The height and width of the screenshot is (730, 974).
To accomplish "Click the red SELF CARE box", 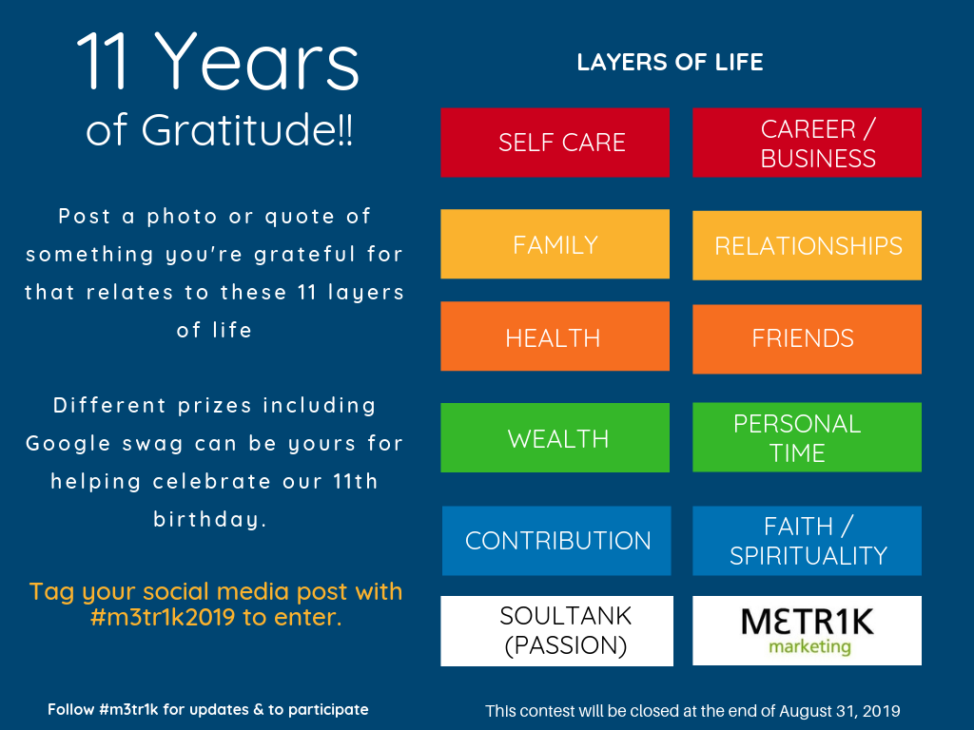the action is tap(555, 143).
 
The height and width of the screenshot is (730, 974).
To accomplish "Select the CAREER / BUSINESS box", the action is tap(807, 143).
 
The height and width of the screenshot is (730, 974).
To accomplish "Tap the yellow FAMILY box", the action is tap(555, 244).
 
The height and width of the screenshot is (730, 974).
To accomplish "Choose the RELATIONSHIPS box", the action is tap(807, 245).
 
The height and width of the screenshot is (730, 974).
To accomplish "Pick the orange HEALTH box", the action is tap(555, 336).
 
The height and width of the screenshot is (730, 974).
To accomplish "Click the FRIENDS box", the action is tap(807, 339).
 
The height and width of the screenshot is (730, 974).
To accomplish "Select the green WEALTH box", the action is tap(555, 437).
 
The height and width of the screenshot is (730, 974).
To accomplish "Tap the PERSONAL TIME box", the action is tap(807, 437).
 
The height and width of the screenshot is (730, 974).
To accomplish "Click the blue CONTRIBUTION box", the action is tap(556, 541).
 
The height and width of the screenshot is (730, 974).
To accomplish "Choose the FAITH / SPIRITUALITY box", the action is tap(807, 541).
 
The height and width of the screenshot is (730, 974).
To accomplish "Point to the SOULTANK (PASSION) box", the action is tap(556, 631).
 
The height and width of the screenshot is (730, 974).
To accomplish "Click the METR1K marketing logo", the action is tap(807, 631).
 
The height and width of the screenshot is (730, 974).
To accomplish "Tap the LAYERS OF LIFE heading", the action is tap(670, 62).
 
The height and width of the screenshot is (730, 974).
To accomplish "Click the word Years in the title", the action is tap(256, 61).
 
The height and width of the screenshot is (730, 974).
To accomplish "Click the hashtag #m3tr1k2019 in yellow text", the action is tap(163, 617).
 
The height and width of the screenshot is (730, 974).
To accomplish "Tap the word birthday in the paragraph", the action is tap(210, 519).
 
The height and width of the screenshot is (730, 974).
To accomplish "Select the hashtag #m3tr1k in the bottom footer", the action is tap(128, 709).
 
